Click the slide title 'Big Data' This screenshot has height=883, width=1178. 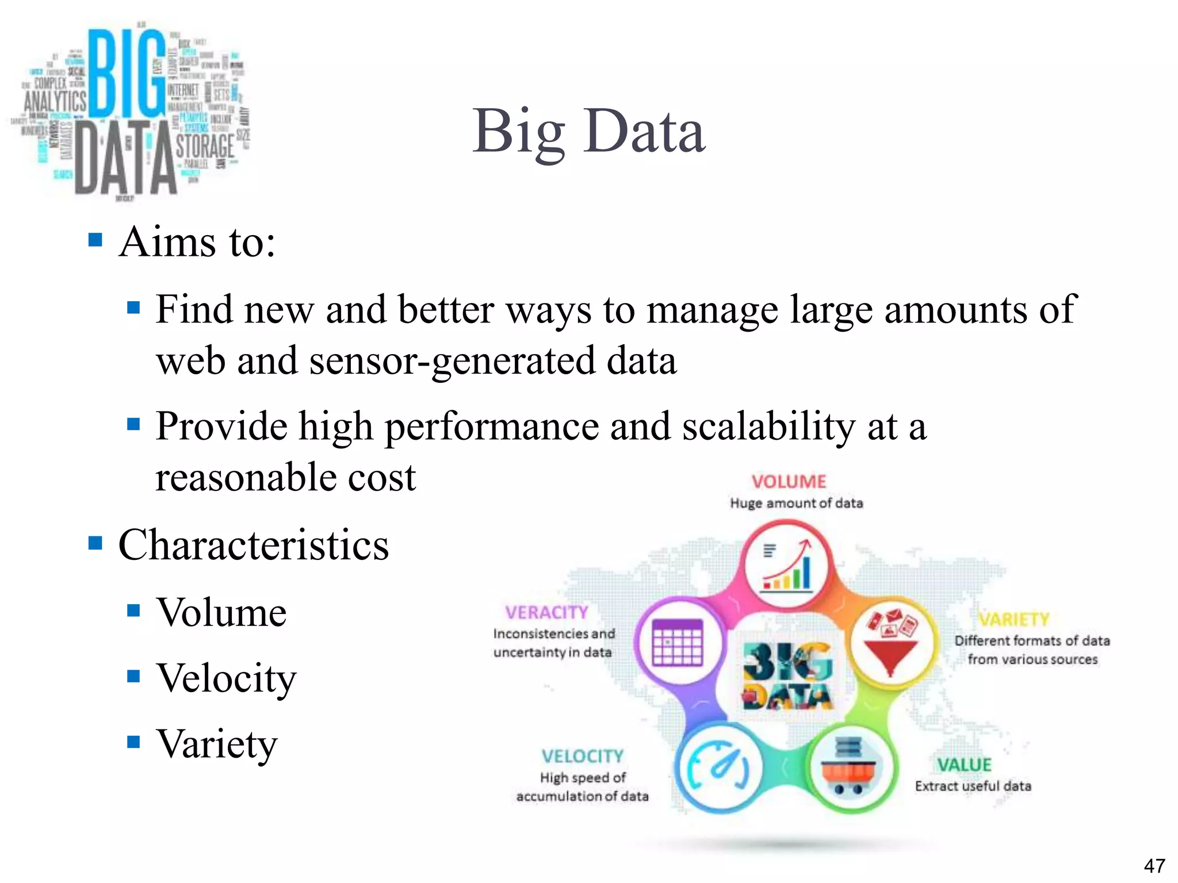point(588,132)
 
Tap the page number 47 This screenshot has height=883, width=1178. point(1154,866)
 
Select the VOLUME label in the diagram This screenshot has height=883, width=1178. point(789,482)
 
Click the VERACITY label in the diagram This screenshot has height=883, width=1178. point(546,613)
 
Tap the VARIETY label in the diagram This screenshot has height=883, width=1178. point(1014,620)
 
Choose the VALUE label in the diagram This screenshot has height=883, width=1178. point(964,765)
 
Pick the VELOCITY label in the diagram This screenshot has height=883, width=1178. point(582,757)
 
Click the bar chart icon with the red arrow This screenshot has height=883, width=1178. point(787,566)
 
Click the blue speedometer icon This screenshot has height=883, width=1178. point(718,768)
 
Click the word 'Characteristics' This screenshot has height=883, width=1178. point(254,545)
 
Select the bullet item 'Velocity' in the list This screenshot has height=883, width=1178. point(226,678)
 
